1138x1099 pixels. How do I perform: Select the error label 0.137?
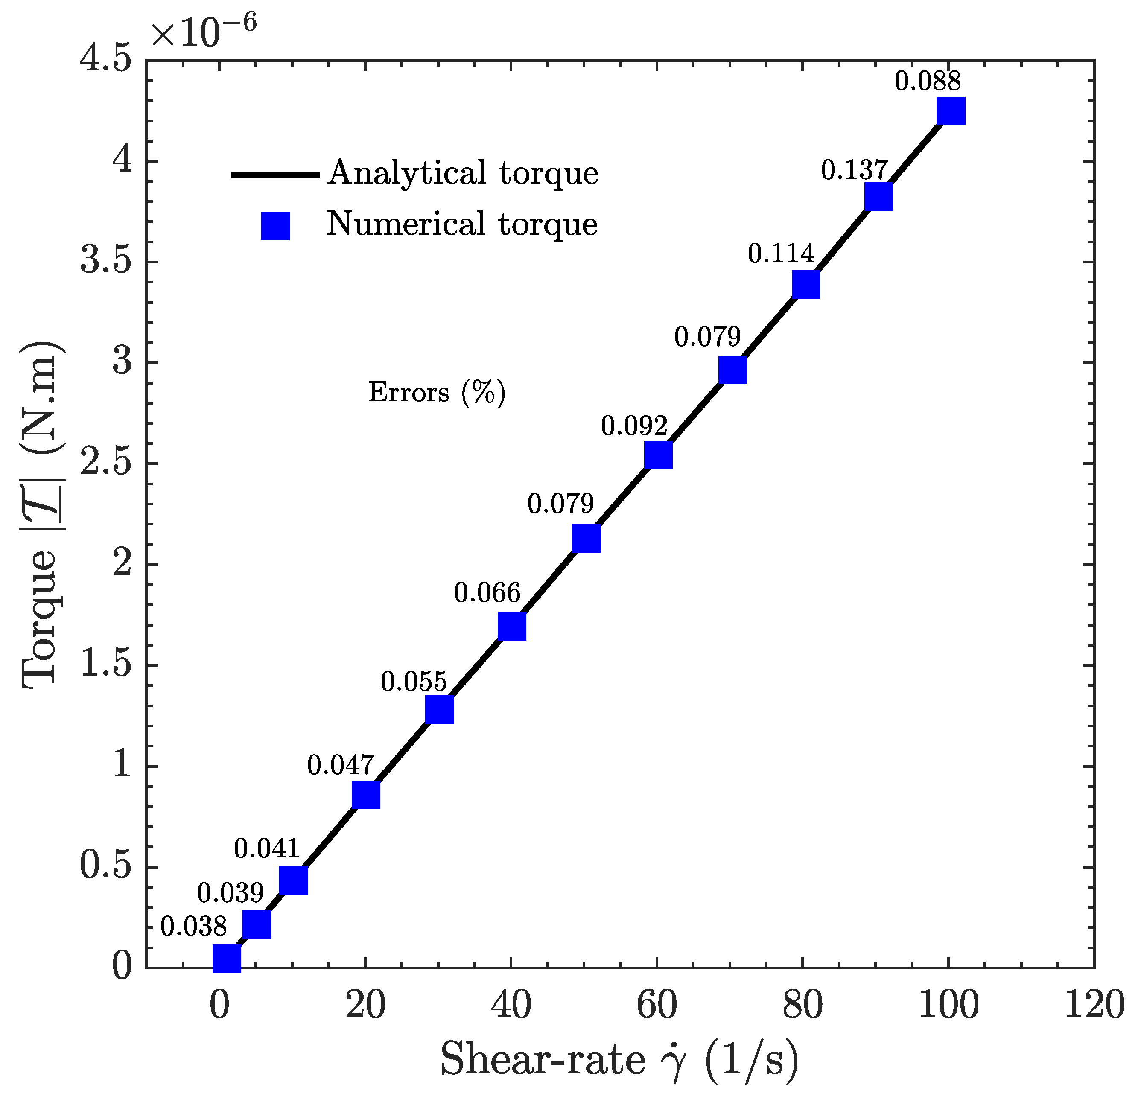coord(854,170)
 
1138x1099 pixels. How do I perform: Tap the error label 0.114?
coord(781,254)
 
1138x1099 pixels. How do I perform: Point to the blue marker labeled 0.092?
coord(658,455)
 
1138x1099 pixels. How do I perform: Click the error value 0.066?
coord(487,593)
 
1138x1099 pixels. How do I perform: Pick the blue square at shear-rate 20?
coord(366,795)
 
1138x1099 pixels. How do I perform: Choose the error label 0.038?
coord(193,927)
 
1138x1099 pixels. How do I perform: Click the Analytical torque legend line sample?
coord(275,174)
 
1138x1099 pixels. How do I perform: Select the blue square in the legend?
coord(275,226)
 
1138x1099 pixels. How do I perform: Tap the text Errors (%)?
coord(437,393)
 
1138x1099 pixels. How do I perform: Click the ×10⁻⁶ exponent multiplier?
coord(203,30)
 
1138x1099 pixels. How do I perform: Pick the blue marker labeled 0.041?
coord(293,880)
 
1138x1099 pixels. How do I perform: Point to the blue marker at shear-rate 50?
coord(586,538)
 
